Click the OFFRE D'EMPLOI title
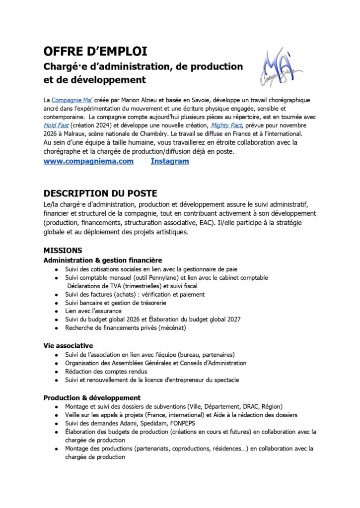coord(95,52)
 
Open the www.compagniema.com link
coord(88,161)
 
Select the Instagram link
coord(169,161)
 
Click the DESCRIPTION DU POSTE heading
coord(100,193)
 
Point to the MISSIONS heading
coord(63,251)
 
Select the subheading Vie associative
coord(68,345)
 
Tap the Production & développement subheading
coord(92,397)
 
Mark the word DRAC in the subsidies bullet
coord(248,406)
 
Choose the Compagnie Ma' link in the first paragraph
coord(71,100)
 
